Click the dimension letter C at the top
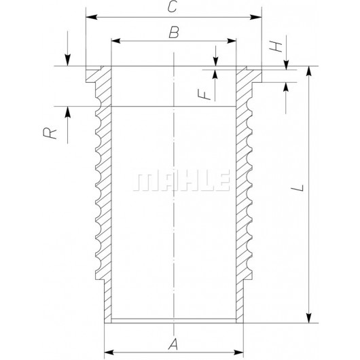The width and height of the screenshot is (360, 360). (x=174, y=7)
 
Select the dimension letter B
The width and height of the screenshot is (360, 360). (x=174, y=32)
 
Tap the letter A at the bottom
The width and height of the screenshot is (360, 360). (x=174, y=345)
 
